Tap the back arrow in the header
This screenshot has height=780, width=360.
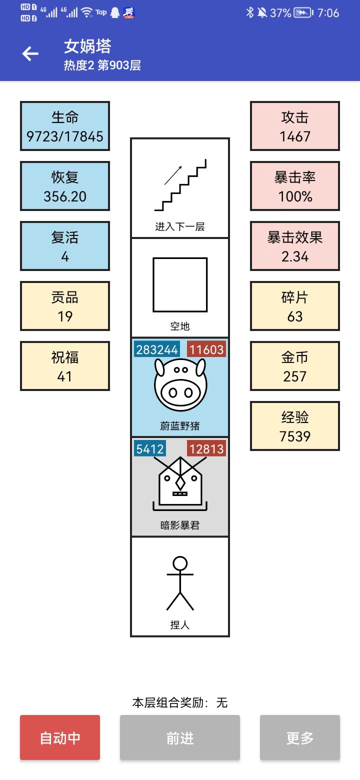30,53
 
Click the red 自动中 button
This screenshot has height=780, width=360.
60,737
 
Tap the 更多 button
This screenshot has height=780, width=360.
300,737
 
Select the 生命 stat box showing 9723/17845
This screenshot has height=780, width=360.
65,126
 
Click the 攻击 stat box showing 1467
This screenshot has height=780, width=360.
295,126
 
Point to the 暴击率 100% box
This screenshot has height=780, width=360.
295,186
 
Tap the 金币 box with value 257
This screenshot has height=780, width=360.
295,366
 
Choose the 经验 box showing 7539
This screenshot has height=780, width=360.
295,426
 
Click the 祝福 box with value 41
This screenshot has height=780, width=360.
65,366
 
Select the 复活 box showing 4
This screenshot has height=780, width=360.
65,246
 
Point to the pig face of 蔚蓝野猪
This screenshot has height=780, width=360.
180,385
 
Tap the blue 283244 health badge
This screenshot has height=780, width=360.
157,349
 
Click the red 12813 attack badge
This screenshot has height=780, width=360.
206,449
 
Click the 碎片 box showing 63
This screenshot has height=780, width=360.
295,306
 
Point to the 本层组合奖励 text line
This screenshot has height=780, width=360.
180,702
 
